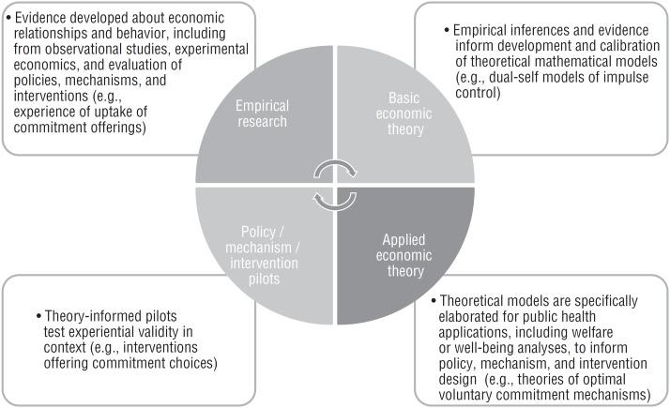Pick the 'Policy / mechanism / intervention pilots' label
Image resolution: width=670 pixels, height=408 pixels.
click(266, 267)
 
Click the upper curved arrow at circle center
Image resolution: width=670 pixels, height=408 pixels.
click(335, 169)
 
